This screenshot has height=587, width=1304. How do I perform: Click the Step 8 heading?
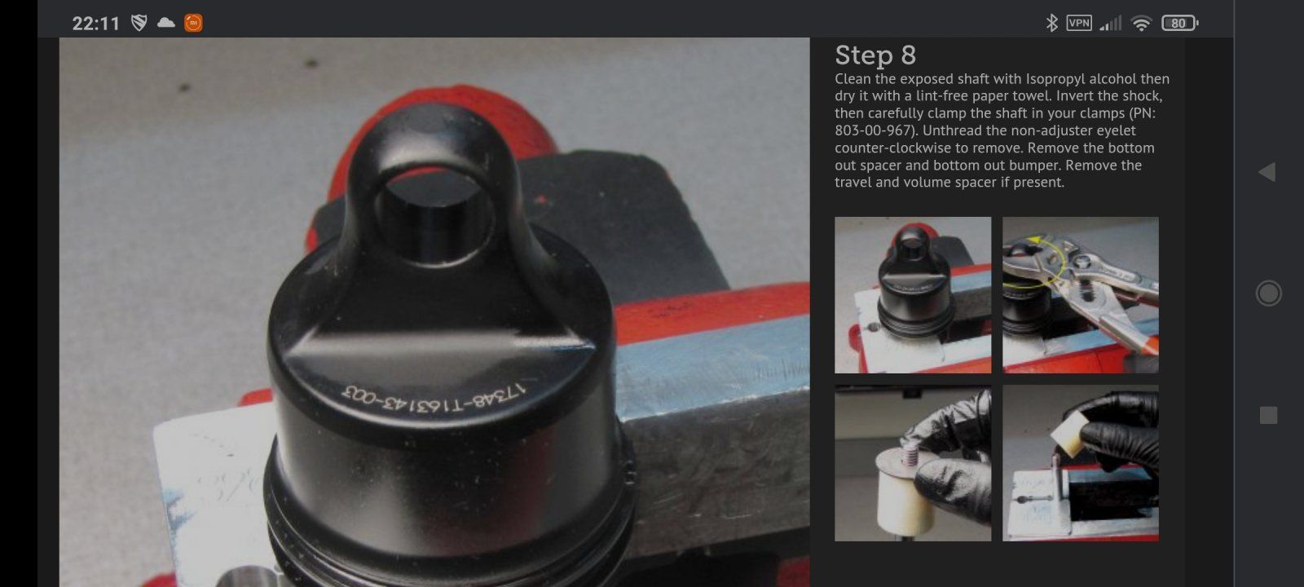(875, 55)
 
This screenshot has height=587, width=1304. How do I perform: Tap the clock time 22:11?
(96, 24)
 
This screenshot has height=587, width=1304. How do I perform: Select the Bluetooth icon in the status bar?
(1051, 24)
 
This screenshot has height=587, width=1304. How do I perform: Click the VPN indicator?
(1079, 23)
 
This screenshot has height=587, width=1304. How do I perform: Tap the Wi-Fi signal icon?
(1141, 24)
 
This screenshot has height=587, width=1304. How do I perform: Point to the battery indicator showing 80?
(1179, 23)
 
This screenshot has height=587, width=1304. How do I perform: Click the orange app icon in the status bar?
(193, 23)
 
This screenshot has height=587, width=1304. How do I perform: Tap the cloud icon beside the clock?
(166, 23)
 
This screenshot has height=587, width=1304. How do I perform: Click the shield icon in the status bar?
(139, 23)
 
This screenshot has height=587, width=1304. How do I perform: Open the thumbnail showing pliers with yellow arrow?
(1081, 295)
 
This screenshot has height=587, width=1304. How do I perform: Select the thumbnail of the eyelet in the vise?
(913, 295)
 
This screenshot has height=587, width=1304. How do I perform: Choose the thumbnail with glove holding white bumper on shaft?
(913, 464)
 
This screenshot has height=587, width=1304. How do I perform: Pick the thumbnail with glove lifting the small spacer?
(1081, 464)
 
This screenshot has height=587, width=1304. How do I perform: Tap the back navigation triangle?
(1267, 172)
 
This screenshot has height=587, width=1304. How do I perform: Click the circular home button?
(1268, 293)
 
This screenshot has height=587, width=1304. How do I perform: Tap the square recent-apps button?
(1268, 415)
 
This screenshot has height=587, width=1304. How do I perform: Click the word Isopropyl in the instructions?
(1055, 79)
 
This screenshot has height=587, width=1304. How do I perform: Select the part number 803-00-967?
(873, 130)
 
